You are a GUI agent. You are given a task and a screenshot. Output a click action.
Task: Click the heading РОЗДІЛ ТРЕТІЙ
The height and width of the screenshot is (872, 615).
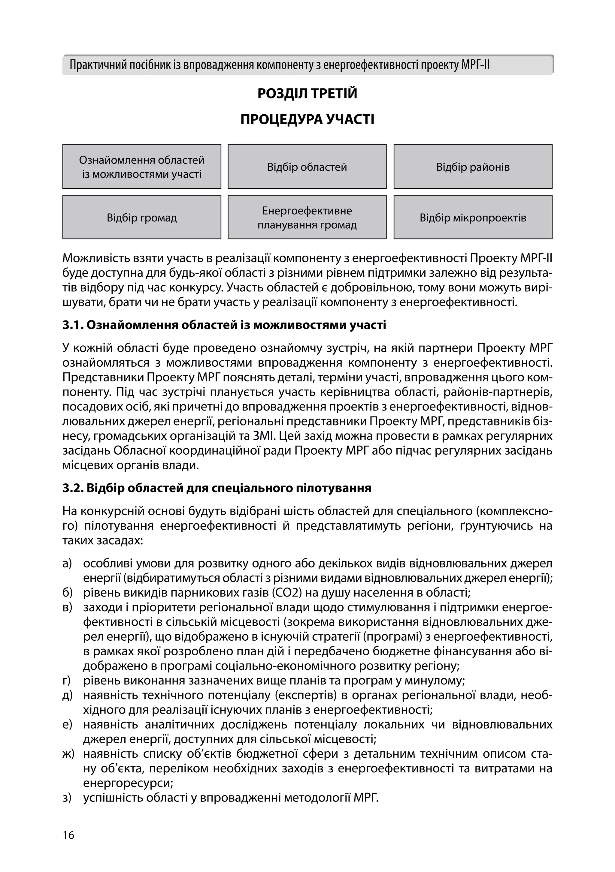pos(307,93)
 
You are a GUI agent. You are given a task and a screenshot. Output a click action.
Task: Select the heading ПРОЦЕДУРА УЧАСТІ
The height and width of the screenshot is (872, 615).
pos(307,120)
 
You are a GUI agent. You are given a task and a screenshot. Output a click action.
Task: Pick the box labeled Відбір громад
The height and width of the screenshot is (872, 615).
pos(142,218)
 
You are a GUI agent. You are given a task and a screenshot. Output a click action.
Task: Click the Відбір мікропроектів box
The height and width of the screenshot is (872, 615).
pos(473,218)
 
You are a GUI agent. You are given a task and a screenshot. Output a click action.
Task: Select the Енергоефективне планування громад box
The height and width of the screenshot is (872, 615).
pos(307,218)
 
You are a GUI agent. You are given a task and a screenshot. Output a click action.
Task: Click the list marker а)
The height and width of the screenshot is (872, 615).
pos(67,563)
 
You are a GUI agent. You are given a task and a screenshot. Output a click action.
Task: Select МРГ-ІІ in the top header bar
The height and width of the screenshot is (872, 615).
pos(475,65)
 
